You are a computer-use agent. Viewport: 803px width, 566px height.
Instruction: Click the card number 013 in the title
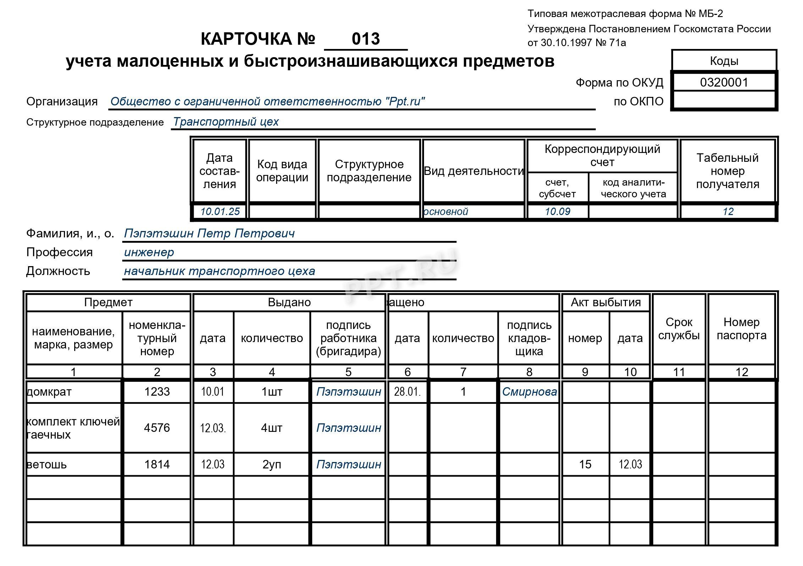[x=365, y=39]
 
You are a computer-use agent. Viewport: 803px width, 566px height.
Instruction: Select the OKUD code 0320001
[x=724, y=82]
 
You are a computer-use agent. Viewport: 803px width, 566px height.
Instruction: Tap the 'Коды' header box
[x=724, y=61]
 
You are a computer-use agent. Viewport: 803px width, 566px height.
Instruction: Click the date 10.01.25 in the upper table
[x=220, y=211]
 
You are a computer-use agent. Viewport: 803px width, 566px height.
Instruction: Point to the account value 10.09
[x=557, y=211]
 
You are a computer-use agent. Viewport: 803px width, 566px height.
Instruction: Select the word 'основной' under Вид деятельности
[x=446, y=211]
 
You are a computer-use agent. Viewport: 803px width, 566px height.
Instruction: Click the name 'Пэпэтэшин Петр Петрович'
[x=209, y=233]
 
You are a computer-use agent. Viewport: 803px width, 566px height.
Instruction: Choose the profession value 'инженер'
[x=149, y=252]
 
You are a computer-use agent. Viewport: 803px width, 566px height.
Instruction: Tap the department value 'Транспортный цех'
[x=226, y=122]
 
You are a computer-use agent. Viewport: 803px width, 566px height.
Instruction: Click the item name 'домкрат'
[x=49, y=392]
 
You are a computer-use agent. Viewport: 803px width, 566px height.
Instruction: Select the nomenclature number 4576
[x=157, y=428]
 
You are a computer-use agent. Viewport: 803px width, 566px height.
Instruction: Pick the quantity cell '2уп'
[x=272, y=464]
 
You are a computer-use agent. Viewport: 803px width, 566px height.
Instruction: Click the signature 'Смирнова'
[x=529, y=392]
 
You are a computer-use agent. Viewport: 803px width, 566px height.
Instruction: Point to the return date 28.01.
[x=407, y=392]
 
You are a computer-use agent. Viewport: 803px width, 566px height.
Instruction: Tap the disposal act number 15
[x=585, y=464]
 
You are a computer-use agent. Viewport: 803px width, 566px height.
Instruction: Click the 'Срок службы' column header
[x=679, y=329]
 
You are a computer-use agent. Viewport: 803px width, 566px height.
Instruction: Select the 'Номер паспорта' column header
[x=741, y=329]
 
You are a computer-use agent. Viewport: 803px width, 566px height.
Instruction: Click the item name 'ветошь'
[x=47, y=464]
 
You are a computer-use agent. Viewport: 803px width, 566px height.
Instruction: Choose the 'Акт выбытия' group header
[x=606, y=302]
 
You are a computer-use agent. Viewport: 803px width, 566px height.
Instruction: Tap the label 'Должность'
[x=58, y=271]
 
